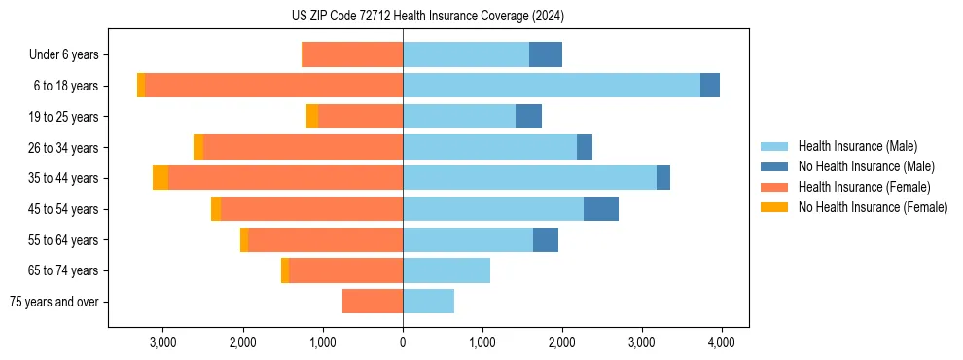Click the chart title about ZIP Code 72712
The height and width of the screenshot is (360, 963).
(x=429, y=17)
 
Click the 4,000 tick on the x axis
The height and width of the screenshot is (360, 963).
(x=721, y=342)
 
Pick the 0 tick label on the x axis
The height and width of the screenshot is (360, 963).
(x=403, y=342)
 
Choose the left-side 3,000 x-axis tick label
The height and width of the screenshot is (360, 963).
(x=162, y=342)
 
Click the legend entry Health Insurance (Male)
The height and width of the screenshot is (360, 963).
(x=857, y=146)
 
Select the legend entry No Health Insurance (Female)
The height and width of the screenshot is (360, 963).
(x=873, y=207)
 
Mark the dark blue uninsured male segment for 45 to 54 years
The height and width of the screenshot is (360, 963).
(x=601, y=209)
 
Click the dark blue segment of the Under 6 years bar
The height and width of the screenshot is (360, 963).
(x=546, y=55)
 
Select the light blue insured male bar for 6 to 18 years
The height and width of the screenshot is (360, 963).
(x=552, y=86)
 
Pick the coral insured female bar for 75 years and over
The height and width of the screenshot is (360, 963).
(x=373, y=302)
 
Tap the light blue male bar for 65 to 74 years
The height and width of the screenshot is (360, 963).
(x=446, y=270)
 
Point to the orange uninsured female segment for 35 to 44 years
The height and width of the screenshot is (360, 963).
(x=160, y=178)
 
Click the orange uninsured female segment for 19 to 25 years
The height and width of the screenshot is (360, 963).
(x=312, y=117)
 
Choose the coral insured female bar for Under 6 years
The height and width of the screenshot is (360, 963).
(x=352, y=55)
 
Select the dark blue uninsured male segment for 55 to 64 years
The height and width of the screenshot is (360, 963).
(x=546, y=239)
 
